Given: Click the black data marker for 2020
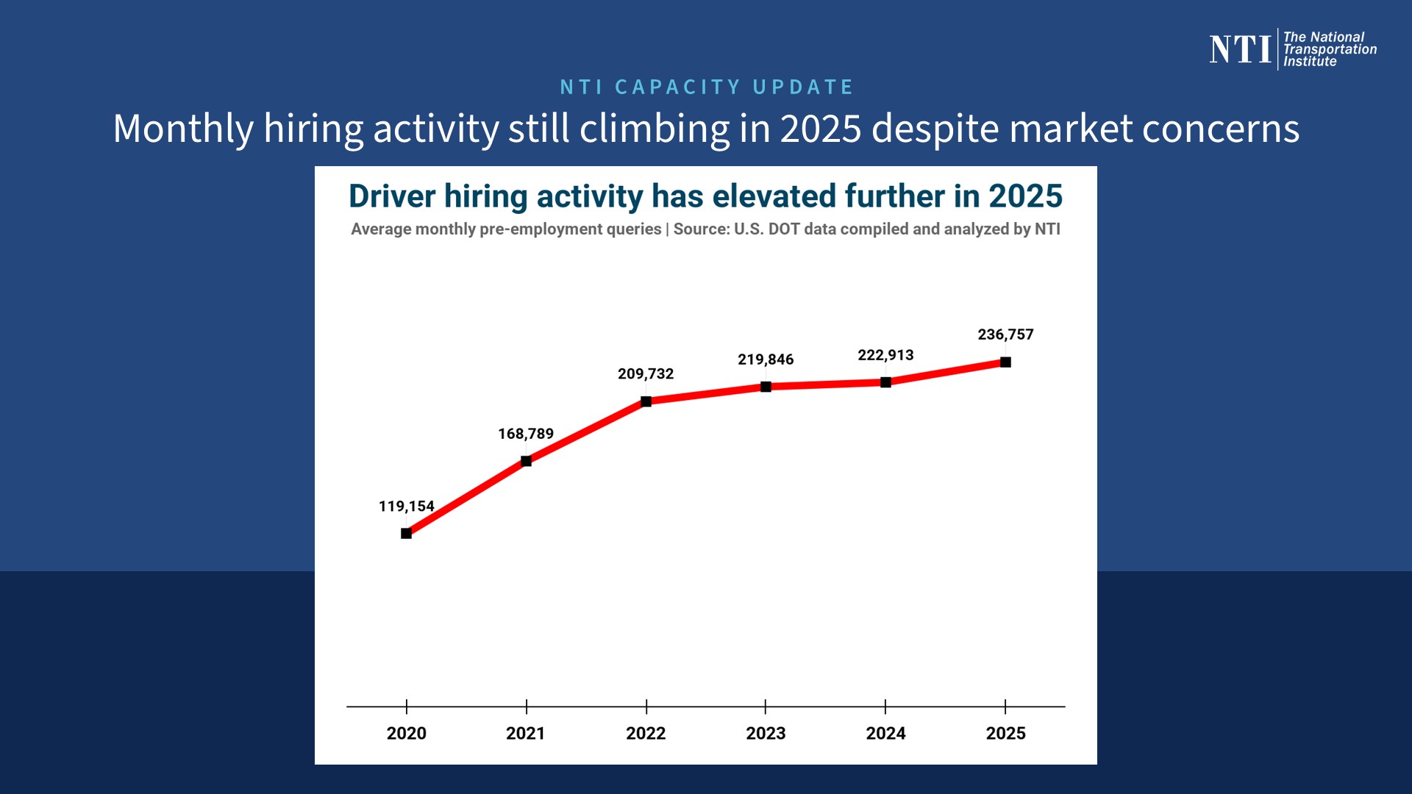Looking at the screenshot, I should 406,533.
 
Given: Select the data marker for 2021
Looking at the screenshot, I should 526,461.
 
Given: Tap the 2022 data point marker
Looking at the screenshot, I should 646,401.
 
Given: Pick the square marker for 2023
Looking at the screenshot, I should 766,387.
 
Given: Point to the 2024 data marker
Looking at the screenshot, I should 885,382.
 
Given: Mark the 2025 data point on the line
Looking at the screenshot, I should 1005,362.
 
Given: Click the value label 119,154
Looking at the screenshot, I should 406,506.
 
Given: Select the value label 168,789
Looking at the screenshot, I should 526,434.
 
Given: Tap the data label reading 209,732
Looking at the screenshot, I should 646,373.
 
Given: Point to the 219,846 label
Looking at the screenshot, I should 766,360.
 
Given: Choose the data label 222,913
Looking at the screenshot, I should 885,355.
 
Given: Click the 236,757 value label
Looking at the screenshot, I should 1005,335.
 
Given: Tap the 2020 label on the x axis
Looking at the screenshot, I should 406,733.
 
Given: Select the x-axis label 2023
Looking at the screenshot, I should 766,733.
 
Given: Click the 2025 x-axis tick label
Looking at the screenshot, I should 1005,733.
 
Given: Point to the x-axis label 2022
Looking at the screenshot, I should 646,733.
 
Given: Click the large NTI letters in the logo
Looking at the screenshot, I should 1240,49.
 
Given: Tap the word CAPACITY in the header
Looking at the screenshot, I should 677,87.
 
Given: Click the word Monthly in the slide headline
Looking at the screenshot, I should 183,129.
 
